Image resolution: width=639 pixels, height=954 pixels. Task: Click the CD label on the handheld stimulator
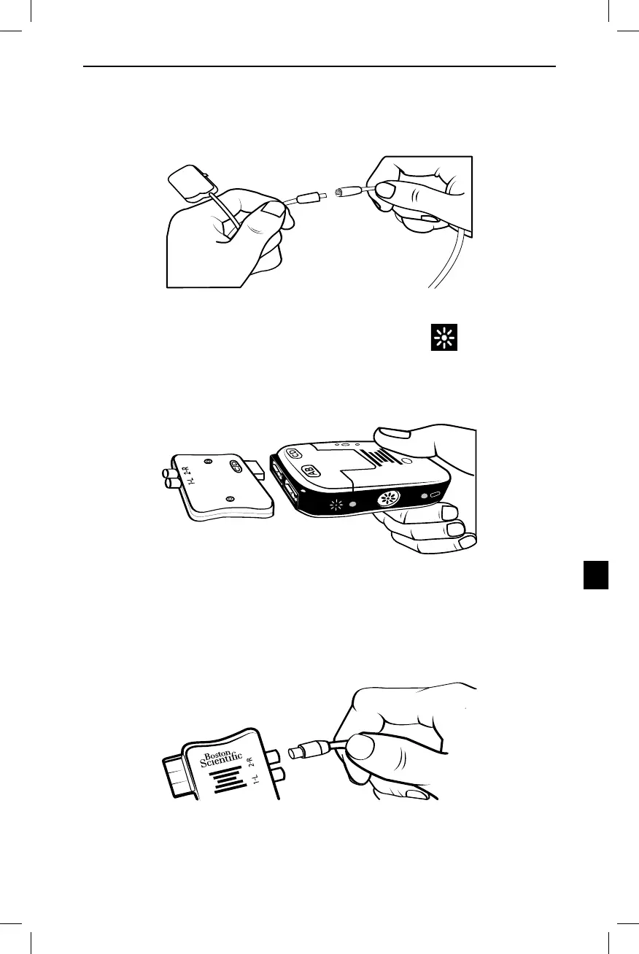294,453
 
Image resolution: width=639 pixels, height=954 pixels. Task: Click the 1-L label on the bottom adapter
255,784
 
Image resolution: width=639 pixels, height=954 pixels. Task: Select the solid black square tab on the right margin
596,574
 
